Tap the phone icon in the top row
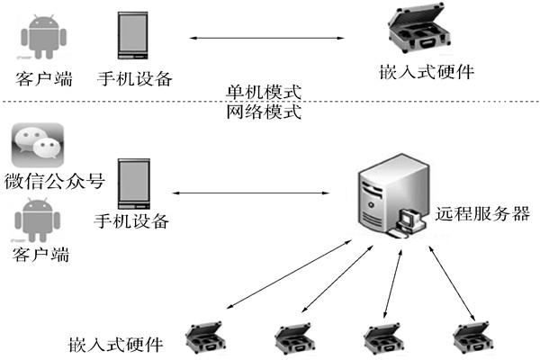133,37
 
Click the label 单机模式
264,94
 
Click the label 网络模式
264,113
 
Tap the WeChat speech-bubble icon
37,144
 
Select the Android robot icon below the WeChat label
37,219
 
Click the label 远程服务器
482,214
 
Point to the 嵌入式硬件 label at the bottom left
116,344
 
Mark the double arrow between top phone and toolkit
270,38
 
